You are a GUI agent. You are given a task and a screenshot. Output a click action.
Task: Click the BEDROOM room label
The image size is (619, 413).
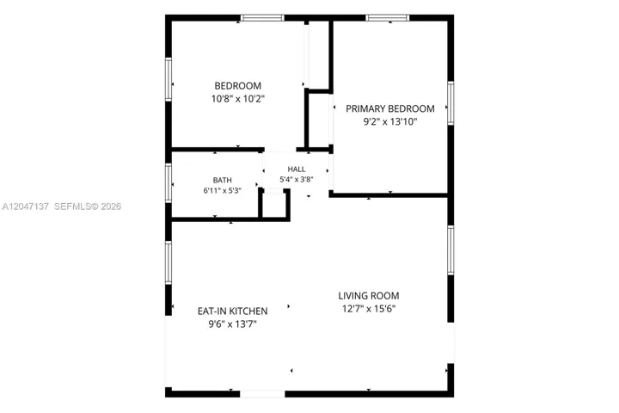coord(237,86)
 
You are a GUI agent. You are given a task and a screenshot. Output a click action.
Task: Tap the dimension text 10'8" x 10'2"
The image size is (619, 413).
coord(237,99)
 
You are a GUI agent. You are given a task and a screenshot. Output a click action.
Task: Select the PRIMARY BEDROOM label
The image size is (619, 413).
coord(390,108)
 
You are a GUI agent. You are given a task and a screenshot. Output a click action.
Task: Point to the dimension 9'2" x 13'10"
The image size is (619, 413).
coord(390,121)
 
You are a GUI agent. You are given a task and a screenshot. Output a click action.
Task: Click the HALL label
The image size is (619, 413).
coord(297,170)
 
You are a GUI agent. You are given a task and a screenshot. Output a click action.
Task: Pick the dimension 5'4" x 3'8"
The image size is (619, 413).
coord(297,180)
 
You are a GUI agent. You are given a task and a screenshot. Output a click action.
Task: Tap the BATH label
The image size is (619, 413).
coord(223,180)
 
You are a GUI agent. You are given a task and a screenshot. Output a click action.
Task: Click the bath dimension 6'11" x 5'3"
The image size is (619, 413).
coord(223,190)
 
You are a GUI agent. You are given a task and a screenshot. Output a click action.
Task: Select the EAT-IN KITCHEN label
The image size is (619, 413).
coord(232,311)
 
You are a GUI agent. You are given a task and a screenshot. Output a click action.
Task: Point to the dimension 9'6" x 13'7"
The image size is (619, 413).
coord(232,324)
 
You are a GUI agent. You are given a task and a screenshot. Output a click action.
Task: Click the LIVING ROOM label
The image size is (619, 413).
coord(369,296)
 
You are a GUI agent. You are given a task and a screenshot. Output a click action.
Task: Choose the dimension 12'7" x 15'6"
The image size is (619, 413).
coord(369,309)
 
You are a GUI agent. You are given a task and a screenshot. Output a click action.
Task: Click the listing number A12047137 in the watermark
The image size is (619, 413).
coord(26,206)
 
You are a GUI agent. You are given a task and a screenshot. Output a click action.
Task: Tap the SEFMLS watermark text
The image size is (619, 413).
coord(72,206)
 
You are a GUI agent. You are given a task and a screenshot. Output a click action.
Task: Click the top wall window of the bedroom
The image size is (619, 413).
coord(262,18)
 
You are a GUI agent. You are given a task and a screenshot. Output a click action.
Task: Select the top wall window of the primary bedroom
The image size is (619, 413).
coord(388,18)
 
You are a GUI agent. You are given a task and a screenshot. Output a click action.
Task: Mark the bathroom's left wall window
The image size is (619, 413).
coord(169,183)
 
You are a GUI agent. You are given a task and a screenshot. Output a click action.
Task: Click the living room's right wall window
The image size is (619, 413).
coord(450,250)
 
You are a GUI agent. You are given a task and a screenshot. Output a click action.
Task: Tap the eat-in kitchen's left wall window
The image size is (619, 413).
coord(169,262)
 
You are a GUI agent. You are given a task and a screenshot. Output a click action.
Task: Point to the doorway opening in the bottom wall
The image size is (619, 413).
coord(262,394)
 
